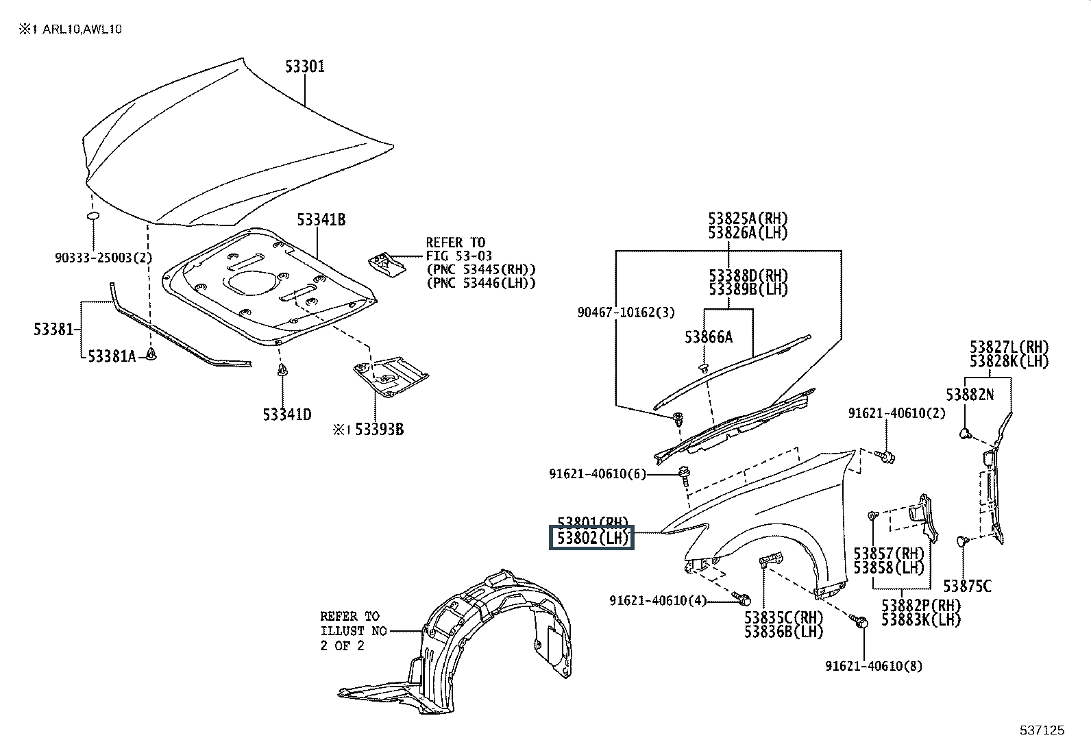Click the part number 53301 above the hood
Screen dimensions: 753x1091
pyautogui.click(x=305, y=67)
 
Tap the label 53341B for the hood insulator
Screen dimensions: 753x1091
pyautogui.click(x=321, y=220)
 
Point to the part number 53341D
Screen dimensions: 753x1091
pyautogui.click(x=286, y=415)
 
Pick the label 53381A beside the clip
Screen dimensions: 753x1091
pyautogui.click(x=112, y=356)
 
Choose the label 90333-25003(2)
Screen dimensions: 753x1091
pyautogui.click(x=103, y=258)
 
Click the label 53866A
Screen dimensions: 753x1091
pyautogui.click(x=709, y=336)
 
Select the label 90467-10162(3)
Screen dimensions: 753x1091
pyautogui.click(x=626, y=312)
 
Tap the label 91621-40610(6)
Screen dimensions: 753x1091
pyautogui.click(x=597, y=473)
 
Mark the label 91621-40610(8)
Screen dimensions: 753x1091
pyautogui.click(x=874, y=665)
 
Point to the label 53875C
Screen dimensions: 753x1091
pyautogui.click(x=967, y=586)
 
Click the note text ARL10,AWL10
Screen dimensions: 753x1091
pyautogui.click(x=82, y=29)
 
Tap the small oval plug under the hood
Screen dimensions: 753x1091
pyautogui.click(x=93, y=217)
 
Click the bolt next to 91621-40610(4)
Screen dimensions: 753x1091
pyautogui.click(x=741, y=599)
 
